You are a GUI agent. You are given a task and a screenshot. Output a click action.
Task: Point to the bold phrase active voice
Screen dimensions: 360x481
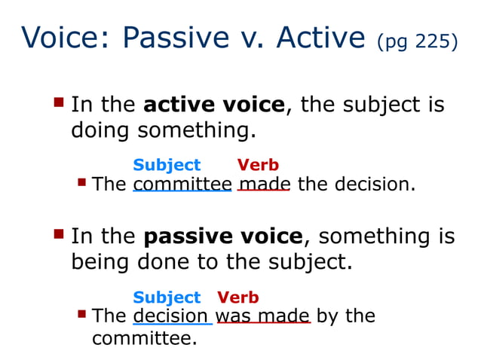point(214,104)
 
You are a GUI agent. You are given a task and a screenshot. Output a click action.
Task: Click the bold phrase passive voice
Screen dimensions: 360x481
point(223,236)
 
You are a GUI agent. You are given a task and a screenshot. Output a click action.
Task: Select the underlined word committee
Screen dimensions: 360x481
point(182,185)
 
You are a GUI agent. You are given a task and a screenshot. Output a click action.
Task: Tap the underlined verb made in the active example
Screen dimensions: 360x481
point(264,185)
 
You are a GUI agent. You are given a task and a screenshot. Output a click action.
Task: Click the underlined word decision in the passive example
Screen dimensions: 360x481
point(171,316)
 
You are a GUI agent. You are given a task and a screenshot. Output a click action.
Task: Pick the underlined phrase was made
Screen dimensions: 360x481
point(263,316)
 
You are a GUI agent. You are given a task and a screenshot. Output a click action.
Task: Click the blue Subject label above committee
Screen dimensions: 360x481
point(167,165)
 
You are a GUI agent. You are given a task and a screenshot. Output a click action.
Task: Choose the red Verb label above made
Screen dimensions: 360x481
point(258,165)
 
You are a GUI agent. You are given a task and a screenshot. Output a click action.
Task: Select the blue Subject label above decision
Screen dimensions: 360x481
point(167,297)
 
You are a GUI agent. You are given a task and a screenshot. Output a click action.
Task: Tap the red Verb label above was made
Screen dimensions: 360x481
point(238,297)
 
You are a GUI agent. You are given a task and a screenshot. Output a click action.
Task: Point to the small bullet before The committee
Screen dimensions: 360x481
point(82,182)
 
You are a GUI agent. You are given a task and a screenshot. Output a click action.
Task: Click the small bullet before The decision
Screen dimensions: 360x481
point(82,314)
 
